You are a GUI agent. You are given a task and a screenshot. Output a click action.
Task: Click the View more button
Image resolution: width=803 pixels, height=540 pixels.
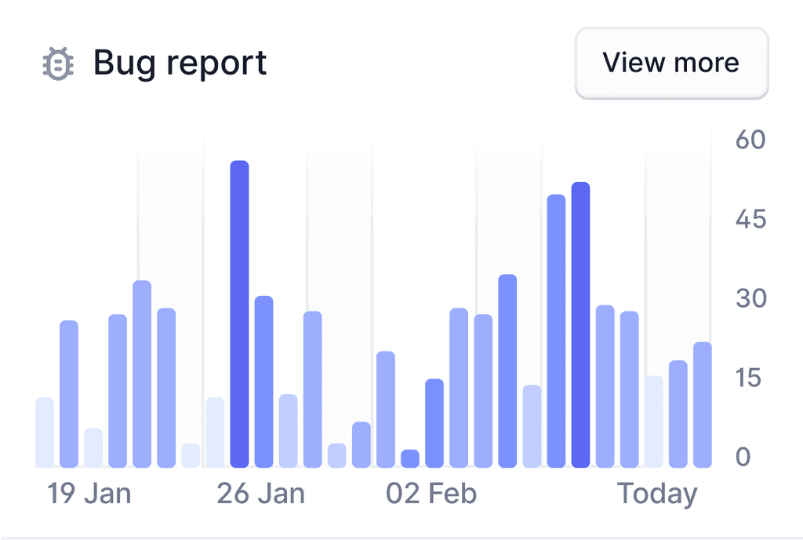pos(671,63)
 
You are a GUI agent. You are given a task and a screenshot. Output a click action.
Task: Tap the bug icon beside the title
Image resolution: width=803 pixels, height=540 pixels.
pos(58,63)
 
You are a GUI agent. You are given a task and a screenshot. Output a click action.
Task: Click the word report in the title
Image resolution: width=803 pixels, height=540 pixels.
pos(222,64)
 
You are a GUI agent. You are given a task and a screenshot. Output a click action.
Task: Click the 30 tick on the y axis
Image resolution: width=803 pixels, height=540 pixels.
pos(750,298)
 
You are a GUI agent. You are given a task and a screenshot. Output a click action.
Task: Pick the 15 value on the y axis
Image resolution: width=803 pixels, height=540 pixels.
pos(750,378)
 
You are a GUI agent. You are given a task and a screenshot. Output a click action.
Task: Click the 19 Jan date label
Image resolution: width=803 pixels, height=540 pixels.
pos(89,494)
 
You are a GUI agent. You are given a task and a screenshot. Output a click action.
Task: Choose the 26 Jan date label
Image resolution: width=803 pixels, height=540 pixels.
pos(261,494)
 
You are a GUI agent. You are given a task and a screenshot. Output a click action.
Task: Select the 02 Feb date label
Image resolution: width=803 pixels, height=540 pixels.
pos(431,494)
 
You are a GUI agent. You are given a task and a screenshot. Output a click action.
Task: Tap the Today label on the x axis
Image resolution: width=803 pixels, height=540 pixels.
pos(657,494)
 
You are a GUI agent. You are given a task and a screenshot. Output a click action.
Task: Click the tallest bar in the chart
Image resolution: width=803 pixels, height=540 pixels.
pos(239,314)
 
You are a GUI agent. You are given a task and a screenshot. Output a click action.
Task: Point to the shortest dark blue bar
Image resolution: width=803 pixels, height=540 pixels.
pos(410,458)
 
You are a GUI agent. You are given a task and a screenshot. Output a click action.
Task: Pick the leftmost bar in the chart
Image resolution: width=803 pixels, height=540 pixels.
pos(45,432)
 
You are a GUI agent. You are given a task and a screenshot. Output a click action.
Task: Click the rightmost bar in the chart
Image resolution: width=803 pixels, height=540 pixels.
pos(703,405)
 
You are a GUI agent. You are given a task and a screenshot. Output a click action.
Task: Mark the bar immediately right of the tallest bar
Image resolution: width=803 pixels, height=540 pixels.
pos(264,381)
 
